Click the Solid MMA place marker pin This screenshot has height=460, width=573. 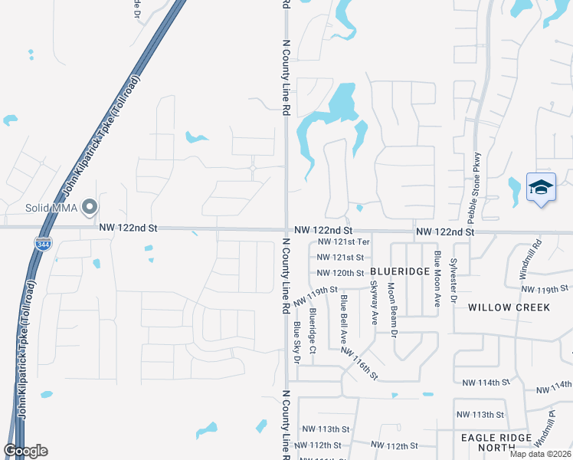(x=90, y=208)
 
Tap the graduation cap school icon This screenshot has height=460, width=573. (x=541, y=188)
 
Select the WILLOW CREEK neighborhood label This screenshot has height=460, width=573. (x=509, y=307)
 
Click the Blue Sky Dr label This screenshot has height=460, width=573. (x=296, y=343)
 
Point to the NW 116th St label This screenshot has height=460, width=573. (x=359, y=363)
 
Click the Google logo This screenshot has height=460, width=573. (x=25, y=451)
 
